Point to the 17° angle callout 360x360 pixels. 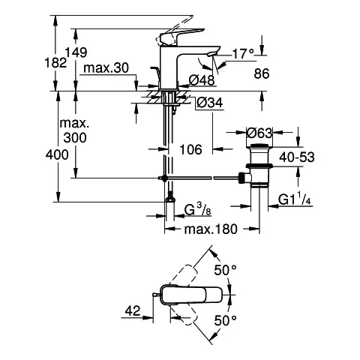point(241,54)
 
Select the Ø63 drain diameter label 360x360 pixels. point(258,133)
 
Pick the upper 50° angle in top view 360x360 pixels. point(226,268)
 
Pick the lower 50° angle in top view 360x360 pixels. point(226,320)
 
